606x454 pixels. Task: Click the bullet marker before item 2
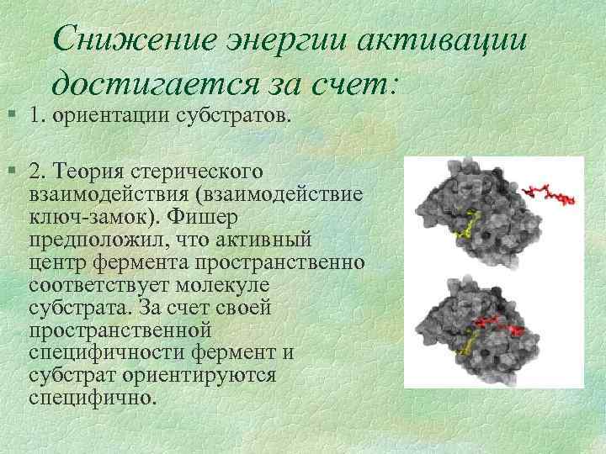pos(11,172)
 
